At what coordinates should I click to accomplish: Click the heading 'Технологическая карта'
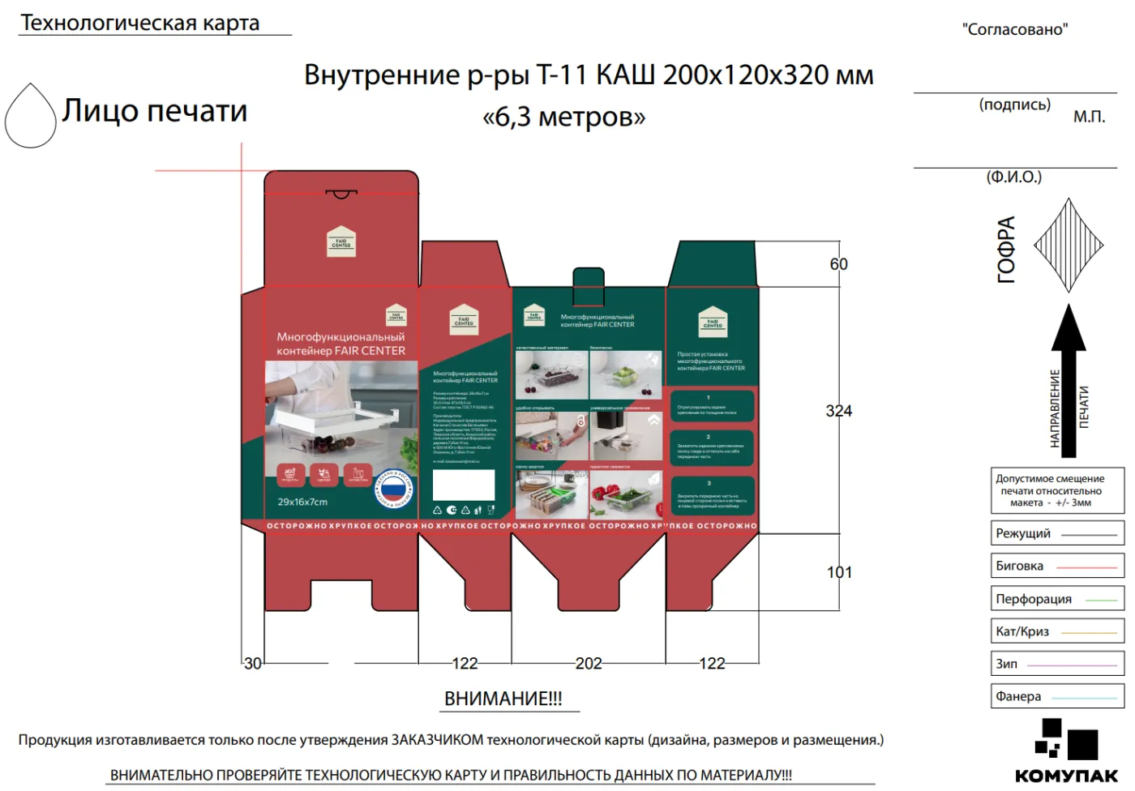point(140,23)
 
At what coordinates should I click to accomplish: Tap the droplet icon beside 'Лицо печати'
point(31,117)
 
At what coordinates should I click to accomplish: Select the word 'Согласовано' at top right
point(1015,30)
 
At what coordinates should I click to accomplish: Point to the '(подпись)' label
point(1014,105)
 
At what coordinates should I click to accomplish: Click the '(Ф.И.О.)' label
point(1013,177)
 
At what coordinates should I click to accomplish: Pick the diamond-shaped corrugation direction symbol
point(1069,245)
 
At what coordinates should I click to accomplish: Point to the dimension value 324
point(838,411)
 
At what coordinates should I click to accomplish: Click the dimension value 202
point(589,664)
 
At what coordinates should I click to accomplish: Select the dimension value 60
point(838,264)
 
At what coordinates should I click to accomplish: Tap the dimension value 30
point(253,664)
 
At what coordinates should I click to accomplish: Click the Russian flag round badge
point(395,488)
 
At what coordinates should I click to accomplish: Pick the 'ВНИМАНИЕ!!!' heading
point(503,699)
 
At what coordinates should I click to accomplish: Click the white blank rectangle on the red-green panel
point(464,485)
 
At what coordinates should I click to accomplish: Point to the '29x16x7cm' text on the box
point(302,502)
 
